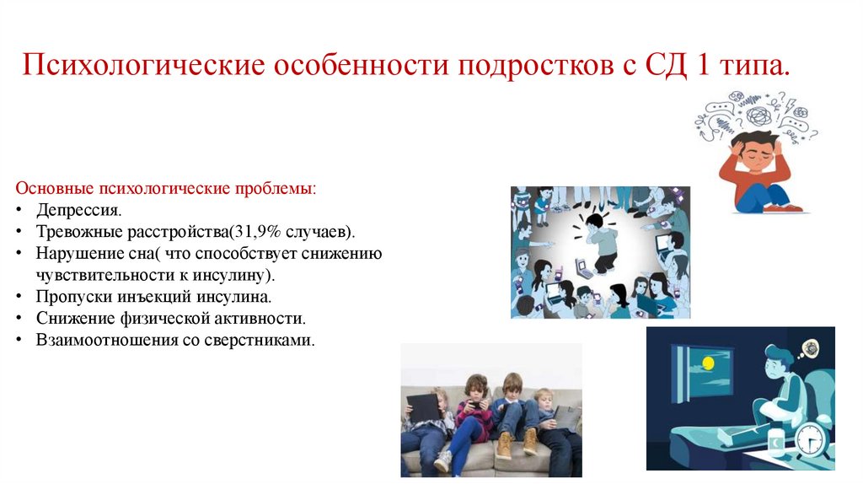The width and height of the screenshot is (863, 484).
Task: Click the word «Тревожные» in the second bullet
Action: tap(75, 231)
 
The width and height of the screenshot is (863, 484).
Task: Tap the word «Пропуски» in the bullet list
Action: tap(69, 297)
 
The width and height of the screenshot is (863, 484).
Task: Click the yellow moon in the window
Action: tap(708, 363)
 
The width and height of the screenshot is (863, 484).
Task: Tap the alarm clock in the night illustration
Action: tap(808, 439)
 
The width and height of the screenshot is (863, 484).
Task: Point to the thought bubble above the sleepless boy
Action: tap(810, 347)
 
